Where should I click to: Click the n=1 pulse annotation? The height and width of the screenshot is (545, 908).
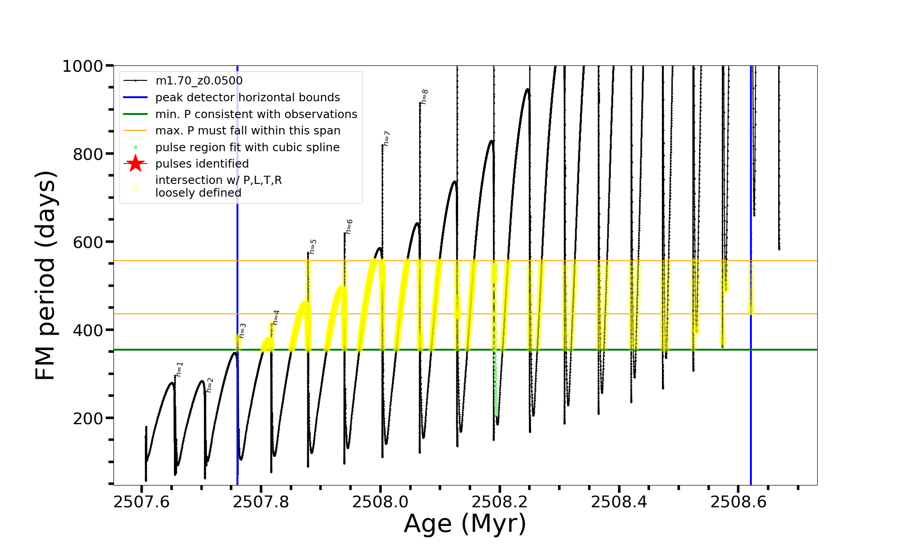180,369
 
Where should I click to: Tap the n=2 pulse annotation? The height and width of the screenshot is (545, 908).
209,385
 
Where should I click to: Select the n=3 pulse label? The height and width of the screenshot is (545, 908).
242,330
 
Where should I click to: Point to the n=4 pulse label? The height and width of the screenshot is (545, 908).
276,317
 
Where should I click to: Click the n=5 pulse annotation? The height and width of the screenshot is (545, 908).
312,247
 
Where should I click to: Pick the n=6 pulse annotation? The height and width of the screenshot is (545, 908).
349,226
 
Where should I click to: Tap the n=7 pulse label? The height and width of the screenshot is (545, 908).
386,138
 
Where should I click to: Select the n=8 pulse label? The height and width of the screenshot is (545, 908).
424,96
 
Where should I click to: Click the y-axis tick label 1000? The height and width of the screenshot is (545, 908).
83,66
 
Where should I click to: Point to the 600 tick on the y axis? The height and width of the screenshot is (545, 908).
88,242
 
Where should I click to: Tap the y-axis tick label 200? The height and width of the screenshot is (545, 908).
88,418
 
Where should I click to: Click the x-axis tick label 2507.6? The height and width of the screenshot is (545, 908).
141,502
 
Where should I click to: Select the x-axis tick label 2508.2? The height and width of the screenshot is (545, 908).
499,502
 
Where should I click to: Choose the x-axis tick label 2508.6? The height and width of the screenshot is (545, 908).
738,502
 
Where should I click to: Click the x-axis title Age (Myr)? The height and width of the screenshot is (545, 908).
465,524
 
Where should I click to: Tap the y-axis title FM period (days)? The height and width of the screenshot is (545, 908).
46,275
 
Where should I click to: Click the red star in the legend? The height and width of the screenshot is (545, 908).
135,163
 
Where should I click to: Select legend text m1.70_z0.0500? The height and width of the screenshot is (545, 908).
199,81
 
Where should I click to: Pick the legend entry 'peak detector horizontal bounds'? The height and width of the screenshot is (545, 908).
247,98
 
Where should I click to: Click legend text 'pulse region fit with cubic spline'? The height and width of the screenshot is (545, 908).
247,148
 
